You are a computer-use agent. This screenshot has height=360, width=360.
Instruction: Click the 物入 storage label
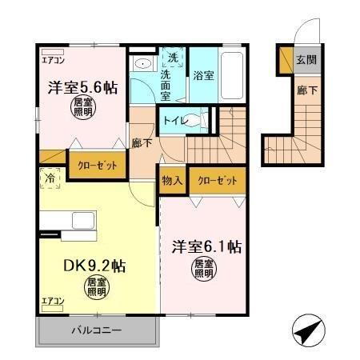[173, 181]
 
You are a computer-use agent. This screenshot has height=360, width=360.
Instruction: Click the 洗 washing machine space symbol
[174, 57]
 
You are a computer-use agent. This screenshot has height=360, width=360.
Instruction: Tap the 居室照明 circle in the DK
[96, 286]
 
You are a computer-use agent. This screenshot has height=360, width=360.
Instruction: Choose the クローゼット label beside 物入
[218, 181]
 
